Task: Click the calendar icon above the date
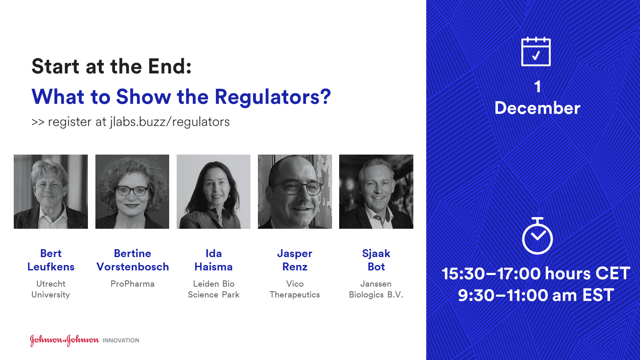point(536,52)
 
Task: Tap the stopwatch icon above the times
point(537,236)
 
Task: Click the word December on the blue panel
point(537,108)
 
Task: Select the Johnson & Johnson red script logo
point(64,340)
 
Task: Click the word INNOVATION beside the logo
point(121,340)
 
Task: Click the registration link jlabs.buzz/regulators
point(170,122)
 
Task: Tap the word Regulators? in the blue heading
point(272,97)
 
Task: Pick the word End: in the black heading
point(170,67)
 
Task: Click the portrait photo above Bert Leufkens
point(51,192)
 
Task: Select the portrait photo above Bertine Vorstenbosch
point(132,192)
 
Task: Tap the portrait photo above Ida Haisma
point(213,192)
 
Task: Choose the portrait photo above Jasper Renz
point(295,192)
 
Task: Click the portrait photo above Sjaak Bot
point(376,192)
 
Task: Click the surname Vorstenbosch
point(132,267)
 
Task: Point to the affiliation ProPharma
point(132,284)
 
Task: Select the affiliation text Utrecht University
point(51,289)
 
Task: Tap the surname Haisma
point(213,267)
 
